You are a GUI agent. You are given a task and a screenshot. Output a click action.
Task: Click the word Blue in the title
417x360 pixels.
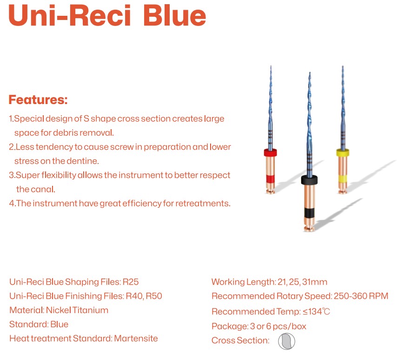click(x=175, y=15)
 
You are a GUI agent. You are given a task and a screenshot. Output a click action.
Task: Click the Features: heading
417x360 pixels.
click(x=38, y=99)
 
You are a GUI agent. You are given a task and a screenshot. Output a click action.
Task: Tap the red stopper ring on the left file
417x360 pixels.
click(x=270, y=152)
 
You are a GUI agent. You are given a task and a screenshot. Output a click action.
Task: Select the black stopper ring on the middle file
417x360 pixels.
click(x=309, y=180)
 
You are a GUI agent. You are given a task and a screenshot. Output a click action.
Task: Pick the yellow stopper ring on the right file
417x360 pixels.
click(x=343, y=153)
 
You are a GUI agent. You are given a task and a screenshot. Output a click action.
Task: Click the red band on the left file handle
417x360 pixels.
click(x=270, y=179)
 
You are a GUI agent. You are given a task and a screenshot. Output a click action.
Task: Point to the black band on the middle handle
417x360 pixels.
click(x=309, y=213)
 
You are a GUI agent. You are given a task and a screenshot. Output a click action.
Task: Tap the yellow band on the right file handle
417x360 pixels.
click(x=343, y=179)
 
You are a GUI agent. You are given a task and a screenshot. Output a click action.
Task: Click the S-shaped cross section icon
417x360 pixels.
click(x=286, y=341)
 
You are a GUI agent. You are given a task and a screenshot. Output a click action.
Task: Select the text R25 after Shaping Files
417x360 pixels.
click(x=131, y=282)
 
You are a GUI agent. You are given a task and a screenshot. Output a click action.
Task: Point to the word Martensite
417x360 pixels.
click(x=136, y=338)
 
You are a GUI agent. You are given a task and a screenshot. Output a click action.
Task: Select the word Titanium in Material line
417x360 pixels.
click(x=90, y=310)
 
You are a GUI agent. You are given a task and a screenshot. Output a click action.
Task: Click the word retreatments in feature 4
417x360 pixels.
click(x=203, y=203)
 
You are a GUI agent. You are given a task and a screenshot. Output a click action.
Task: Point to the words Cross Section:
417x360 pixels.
click(x=240, y=340)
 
